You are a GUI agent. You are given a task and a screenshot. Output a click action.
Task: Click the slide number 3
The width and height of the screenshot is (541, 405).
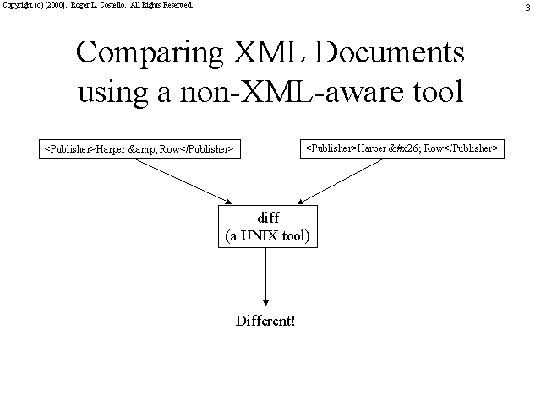[x=527, y=8]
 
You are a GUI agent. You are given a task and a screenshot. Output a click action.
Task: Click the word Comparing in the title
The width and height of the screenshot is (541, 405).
[x=150, y=53]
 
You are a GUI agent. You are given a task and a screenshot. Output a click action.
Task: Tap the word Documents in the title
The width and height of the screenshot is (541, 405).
[x=389, y=51]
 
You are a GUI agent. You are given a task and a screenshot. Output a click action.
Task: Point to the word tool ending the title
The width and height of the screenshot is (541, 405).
[x=438, y=91]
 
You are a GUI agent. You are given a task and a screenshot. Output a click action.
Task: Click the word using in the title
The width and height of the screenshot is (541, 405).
[x=113, y=94]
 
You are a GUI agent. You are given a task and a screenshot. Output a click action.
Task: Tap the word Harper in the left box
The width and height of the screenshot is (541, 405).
[x=111, y=150]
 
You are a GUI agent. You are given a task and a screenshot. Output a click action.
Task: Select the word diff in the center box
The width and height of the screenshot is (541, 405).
[x=269, y=218]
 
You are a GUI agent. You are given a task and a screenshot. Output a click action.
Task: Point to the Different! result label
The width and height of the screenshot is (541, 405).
[x=265, y=321]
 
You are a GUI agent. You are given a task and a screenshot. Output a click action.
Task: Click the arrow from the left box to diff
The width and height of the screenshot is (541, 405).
[x=183, y=181]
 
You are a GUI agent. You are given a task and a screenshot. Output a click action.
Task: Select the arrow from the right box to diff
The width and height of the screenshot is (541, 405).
[x=341, y=181]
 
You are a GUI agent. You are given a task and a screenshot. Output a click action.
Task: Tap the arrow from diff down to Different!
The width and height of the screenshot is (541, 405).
[x=265, y=277]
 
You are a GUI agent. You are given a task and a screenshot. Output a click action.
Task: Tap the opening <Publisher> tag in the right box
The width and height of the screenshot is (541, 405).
[x=331, y=148]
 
